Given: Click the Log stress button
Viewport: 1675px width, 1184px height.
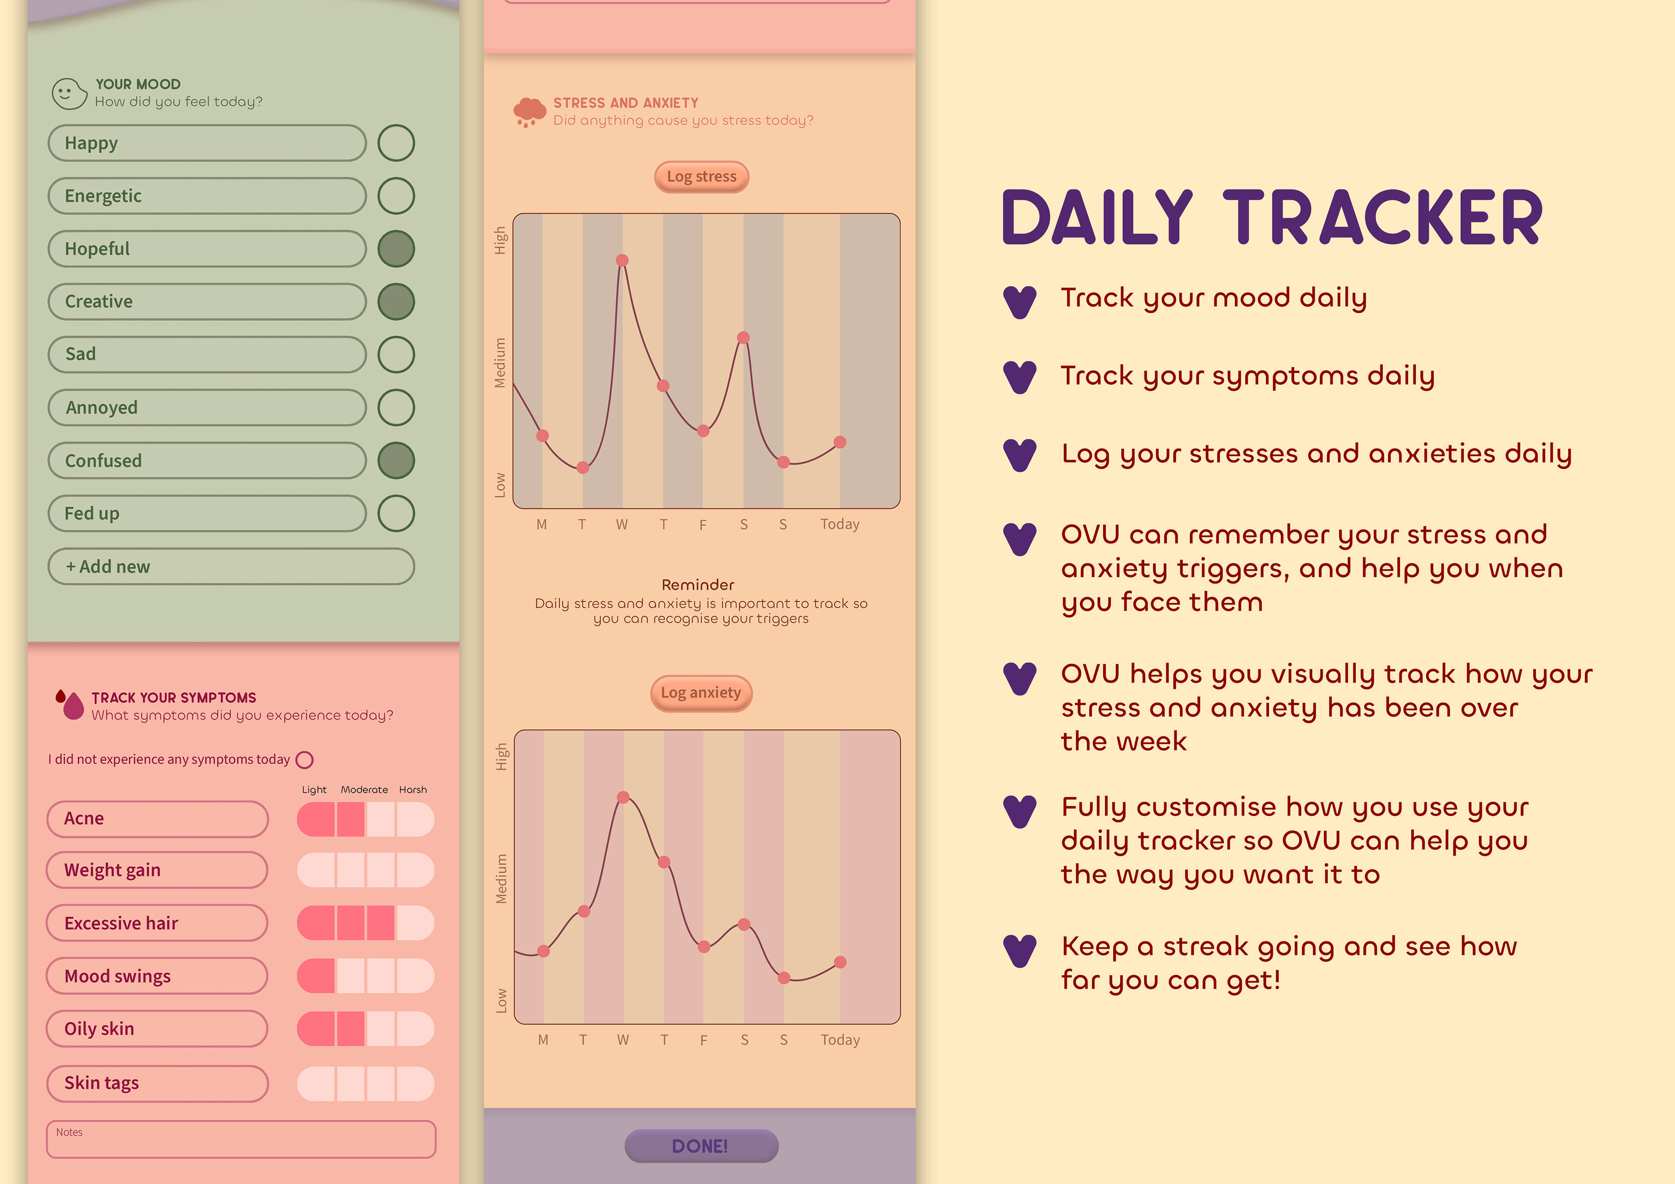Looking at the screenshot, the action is (701, 177).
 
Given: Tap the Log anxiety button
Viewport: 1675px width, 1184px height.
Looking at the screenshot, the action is (701, 693).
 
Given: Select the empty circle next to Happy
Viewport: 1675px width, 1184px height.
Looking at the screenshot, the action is (396, 143).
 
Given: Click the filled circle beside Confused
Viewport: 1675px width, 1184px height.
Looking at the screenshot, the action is (396, 461).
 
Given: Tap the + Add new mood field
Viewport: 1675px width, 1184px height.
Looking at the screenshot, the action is (231, 566).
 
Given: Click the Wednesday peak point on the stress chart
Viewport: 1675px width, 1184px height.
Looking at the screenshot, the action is (622, 260).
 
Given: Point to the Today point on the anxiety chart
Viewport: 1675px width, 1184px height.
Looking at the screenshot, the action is (841, 962).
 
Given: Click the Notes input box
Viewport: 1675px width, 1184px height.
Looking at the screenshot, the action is (241, 1139).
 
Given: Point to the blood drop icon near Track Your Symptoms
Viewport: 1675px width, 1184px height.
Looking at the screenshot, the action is (70, 704).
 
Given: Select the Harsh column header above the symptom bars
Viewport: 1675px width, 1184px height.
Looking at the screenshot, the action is (413, 789).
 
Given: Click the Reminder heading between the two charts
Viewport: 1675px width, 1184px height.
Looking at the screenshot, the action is (698, 584).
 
